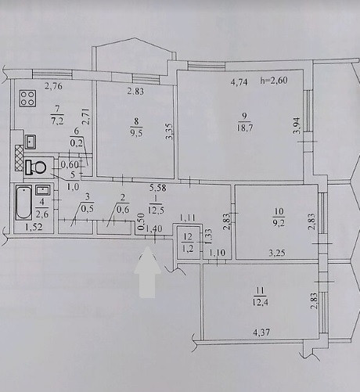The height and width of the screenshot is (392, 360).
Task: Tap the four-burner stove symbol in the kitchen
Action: (x=29, y=99)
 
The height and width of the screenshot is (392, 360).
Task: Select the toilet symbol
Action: (x=35, y=167)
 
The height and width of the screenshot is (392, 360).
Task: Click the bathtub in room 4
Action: (x=23, y=205)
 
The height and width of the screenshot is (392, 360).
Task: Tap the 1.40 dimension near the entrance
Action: (x=153, y=228)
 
